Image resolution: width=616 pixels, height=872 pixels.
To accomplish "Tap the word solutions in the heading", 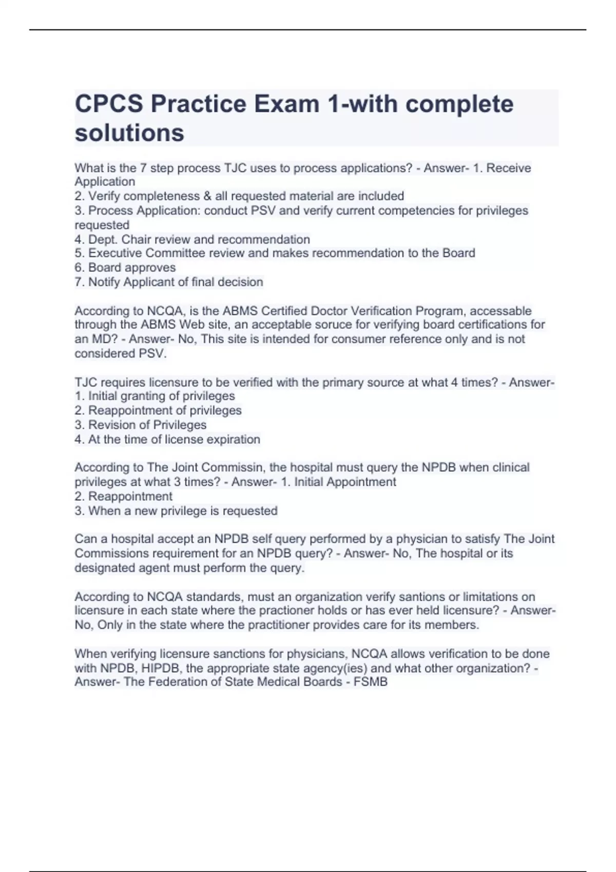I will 129,133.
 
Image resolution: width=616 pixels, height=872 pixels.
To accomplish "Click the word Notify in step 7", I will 104,282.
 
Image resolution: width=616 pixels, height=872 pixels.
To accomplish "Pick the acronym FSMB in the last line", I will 371,682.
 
